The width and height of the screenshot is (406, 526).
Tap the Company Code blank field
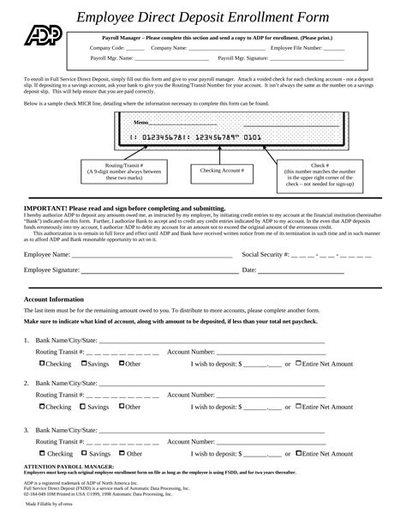tap(135, 49)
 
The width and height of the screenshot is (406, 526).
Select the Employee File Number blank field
tap(334, 49)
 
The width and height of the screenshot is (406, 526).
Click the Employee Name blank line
tap(152, 256)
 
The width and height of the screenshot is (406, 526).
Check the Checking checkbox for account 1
tap(43, 363)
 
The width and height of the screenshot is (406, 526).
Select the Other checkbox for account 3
tap(122, 453)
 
